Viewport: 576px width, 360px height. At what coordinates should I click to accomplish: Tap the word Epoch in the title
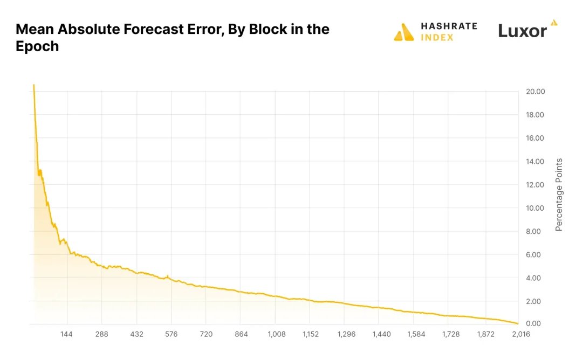37,46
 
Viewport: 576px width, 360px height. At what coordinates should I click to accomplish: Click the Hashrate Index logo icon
404,32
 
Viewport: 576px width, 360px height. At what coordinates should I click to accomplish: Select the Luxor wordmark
522,31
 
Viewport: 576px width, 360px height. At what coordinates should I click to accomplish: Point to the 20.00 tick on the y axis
535,92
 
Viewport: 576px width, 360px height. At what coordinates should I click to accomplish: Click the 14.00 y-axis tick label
535,162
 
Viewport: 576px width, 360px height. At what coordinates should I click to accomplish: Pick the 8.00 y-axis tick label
535,232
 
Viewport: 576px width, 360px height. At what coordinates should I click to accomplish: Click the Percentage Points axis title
559,195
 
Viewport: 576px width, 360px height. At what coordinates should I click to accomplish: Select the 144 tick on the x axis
67,334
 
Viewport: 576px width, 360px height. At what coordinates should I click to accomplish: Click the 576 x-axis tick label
171,334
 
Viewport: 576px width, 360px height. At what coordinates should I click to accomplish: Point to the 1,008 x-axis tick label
276,334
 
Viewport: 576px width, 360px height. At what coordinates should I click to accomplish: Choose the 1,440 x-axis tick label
381,334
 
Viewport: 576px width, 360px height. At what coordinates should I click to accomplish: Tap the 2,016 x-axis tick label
520,334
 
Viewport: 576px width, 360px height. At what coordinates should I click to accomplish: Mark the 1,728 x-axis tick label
451,334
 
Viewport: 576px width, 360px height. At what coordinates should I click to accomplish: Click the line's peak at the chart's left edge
33,85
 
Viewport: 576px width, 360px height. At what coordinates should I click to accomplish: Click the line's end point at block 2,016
518,323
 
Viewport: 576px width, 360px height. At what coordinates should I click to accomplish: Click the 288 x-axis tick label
101,334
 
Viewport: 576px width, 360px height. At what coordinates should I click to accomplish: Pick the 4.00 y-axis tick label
535,278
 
